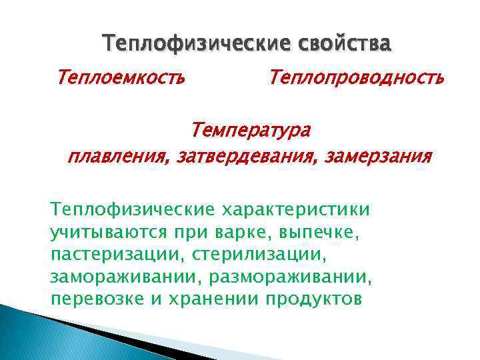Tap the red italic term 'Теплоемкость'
click(x=121, y=79)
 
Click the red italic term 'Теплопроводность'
click(x=356, y=79)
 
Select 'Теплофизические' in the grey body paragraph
click(x=131, y=210)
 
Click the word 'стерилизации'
click(x=266, y=255)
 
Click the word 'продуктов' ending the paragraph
click(x=313, y=299)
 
